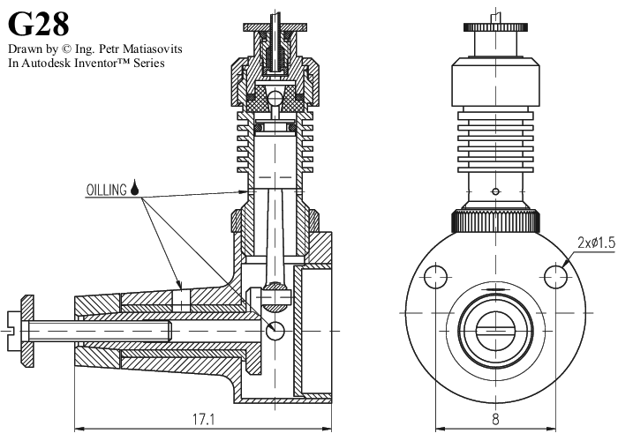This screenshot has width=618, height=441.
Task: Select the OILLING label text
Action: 106,189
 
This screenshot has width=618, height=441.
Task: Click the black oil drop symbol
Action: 135,188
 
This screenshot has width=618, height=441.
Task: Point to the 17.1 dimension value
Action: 203,419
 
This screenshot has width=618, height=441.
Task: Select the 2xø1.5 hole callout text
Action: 595,242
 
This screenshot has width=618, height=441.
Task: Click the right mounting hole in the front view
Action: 555,276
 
